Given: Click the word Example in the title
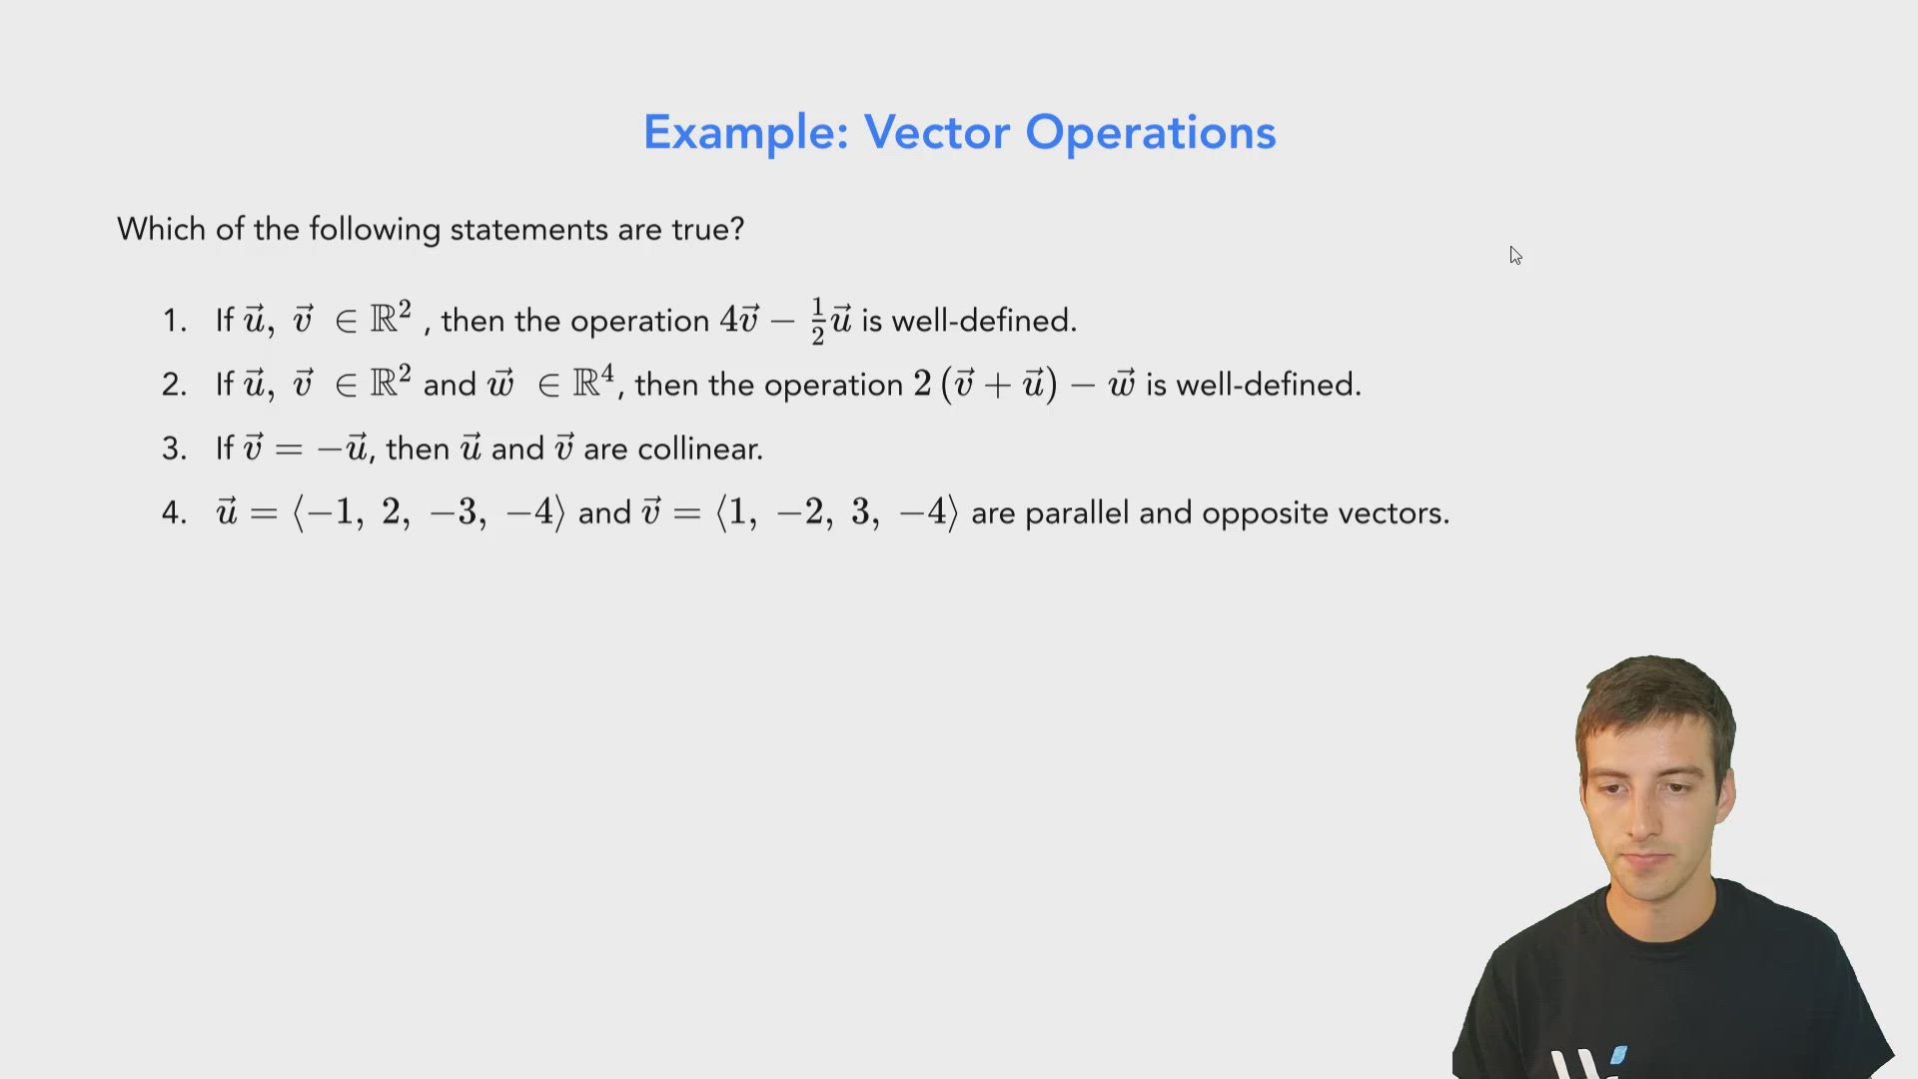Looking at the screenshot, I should point(744,133).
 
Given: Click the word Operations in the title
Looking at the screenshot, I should point(1150,133).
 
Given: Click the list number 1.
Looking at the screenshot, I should point(174,321).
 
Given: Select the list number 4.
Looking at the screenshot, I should point(174,513).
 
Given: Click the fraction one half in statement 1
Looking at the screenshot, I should point(817,322).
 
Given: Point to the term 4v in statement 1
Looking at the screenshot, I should point(739,320).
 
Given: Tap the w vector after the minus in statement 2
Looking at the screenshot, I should point(1121,384).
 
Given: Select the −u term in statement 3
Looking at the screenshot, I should point(343,449).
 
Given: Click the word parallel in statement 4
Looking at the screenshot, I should point(1078,513).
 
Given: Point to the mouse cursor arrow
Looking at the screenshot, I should point(1515,255).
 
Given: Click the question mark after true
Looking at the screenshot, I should point(737,230).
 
